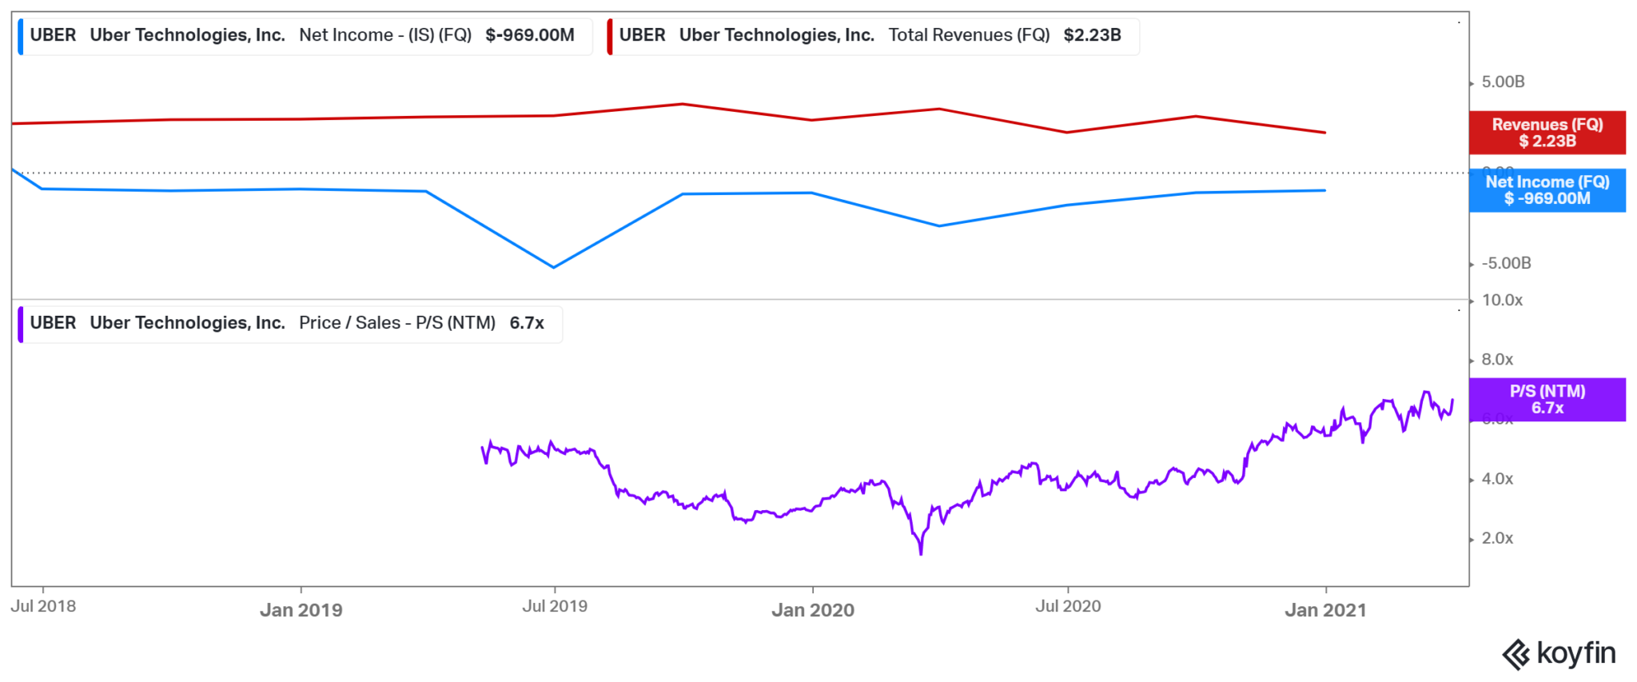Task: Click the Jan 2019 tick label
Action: click(301, 610)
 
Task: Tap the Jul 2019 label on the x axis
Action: click(555, 606)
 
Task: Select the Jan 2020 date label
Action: click(812, 610)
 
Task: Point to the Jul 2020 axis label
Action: click(1068, 606)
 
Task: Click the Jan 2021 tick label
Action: click(1325, 610)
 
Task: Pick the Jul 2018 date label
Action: click(43, 606)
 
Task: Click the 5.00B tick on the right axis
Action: click(1503, 82)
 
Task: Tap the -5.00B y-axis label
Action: click(1506, 263)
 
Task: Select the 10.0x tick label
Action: click(1502, 300)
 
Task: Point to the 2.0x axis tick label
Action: click(1497, 538)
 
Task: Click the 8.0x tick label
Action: click(1497, 359)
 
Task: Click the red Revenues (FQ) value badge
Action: click(1547, 133)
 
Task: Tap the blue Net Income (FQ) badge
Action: click(1547, 190)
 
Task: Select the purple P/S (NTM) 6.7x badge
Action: click(1547, 399)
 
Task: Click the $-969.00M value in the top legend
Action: click(530, 35)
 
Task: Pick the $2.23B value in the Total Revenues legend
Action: click(1092, 35)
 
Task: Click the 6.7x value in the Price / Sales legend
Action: click(527, 323)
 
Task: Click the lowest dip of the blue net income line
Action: click(553, 267)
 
